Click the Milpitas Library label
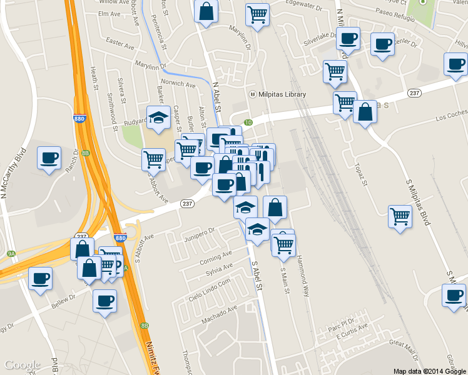point(282,94)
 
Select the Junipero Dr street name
point(200,235)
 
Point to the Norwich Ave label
point(178,83)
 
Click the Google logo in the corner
point(23,365)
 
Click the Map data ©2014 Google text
point(429,371)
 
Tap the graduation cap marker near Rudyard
point(159,117)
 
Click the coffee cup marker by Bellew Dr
point(104,301)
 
